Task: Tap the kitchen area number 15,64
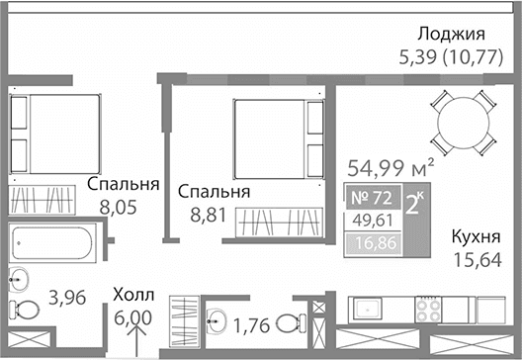[475, 258]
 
